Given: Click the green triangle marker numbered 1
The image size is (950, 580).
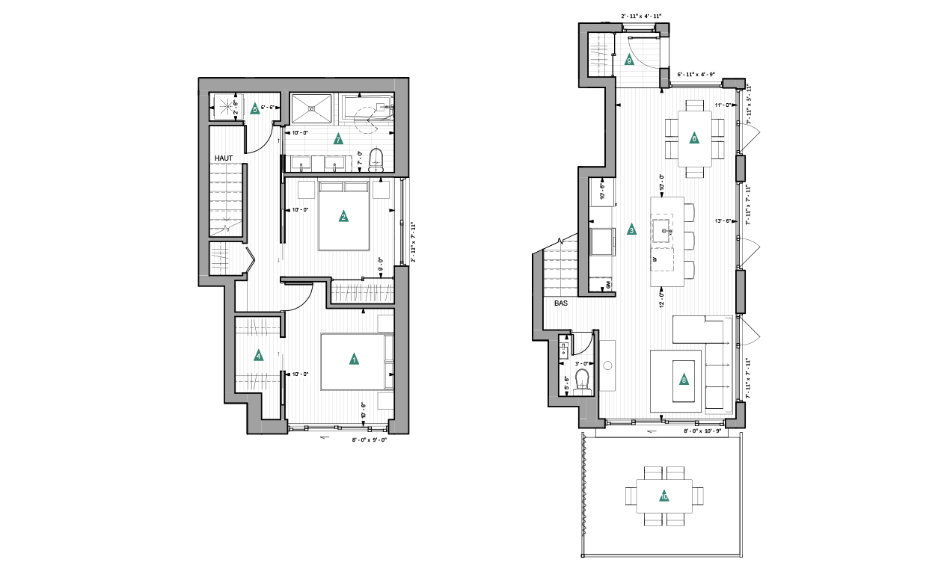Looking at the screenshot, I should pos(353,360).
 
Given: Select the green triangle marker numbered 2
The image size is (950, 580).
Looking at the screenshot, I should pos(343,217).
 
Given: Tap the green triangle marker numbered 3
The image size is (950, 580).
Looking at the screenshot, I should pos(631,230).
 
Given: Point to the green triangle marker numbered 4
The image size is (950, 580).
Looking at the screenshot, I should pos(259,356).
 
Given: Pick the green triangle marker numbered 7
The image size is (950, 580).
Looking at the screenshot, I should pos(338,139).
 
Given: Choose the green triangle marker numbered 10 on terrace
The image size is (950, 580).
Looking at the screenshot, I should pos(664,496).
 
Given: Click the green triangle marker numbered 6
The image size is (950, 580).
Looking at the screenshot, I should pos(694,138).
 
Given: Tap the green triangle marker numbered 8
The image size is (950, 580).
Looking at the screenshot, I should pos(684,380).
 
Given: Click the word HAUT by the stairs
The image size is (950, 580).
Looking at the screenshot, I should pos(225,158).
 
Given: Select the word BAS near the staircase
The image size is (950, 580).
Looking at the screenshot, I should pos(562,304).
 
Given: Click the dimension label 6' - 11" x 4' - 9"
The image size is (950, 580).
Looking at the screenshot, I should pos(696,75).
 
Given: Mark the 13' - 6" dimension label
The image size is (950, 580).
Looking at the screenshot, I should pos(723,221).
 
